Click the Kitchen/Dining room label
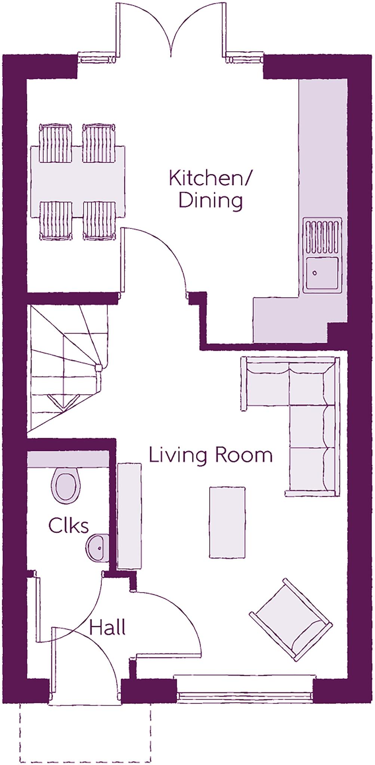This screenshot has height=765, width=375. pos(210,189)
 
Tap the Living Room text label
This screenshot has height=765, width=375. pos(210,455)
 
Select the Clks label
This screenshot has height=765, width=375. pos(68,526)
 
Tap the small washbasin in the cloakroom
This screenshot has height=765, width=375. pos(98,548)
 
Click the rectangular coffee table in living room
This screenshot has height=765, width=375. pos(227,522)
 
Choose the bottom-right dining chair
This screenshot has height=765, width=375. pos(99,220)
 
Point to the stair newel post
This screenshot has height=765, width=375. pos(99,367)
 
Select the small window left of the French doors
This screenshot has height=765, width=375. pos(97,59)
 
